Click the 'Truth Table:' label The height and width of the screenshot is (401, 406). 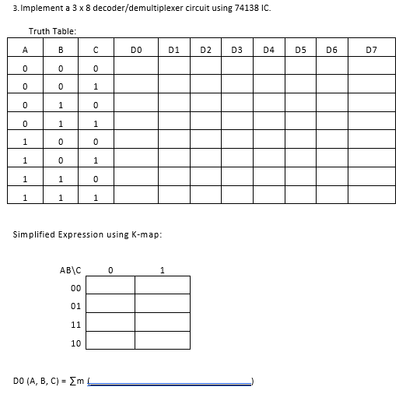(x=52, y=31)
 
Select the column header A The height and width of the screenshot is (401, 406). (x=26, y=51)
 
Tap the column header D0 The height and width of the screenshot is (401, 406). (x=137, y=51)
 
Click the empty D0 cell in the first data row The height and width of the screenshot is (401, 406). (x=137, y=69)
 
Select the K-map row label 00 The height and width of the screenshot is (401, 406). (x=75, y=287)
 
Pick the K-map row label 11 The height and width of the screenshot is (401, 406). (x=75, y=323)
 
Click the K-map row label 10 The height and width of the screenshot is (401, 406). (x=75, y=342)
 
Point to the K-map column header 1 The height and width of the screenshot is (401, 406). (x=162, y=271)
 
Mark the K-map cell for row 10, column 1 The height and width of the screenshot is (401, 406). (x=163, y=341)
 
